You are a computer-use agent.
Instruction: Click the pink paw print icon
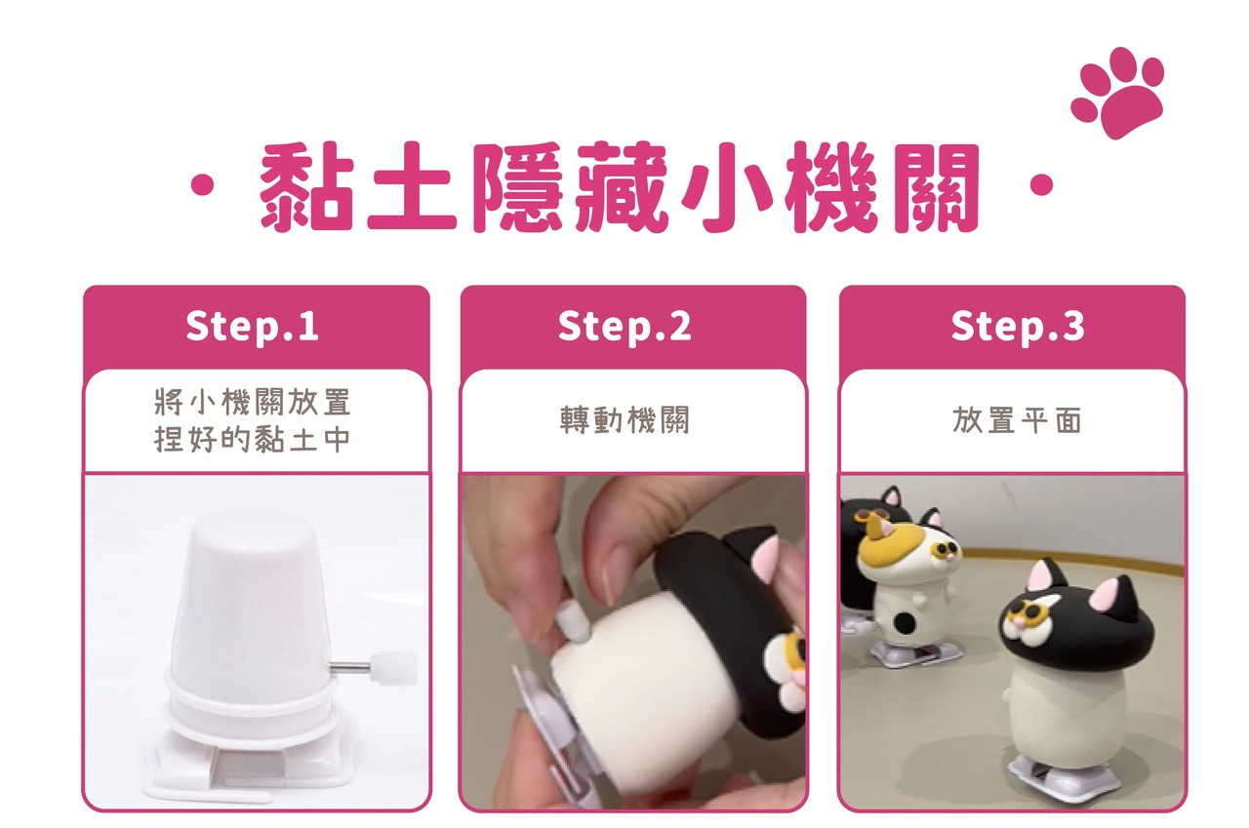pos(1117,93)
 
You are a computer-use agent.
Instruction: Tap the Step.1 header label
pos(253,326)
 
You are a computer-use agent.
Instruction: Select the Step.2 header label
pos(624,326)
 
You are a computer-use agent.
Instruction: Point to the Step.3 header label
pos(1018,326)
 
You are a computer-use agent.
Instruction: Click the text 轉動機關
pos(625,419)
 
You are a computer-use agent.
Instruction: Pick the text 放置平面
pos(1018,419)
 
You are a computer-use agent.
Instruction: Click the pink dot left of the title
pos(202,185)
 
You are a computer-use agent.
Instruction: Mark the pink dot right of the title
pos(1041,184)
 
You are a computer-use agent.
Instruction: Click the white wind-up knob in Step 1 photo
pos(393,667)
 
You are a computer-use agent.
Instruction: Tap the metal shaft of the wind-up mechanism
pos(349,665)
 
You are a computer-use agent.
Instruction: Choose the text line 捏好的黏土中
pos(253,439)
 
